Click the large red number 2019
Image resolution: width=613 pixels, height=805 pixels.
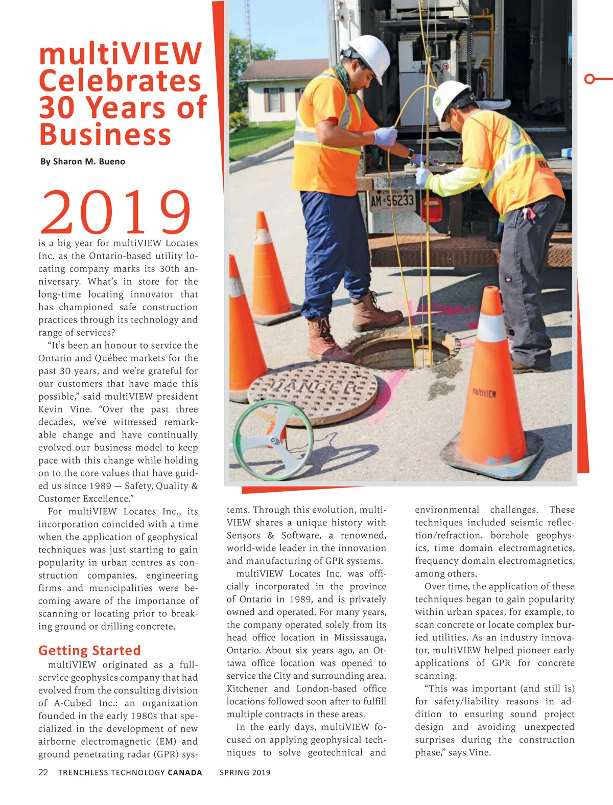coord(116,212)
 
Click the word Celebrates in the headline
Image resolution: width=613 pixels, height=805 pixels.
coord(120,81)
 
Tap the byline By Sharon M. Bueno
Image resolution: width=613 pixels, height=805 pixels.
coord(83,162)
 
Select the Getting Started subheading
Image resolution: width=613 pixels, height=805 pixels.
coord(89,650)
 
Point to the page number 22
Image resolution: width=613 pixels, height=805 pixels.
coord(43,772)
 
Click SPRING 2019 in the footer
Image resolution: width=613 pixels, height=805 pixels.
coord(245,772)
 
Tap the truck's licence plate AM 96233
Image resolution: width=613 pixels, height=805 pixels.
coord(392,200)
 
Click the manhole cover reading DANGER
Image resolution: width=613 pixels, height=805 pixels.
coord(312,391)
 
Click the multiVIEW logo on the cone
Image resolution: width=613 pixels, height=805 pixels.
coord(484,393)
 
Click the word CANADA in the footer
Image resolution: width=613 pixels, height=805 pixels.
coord(185,772)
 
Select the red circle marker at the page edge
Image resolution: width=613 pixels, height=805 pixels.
coord(590,79)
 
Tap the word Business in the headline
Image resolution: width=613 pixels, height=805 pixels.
coord(105,134)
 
